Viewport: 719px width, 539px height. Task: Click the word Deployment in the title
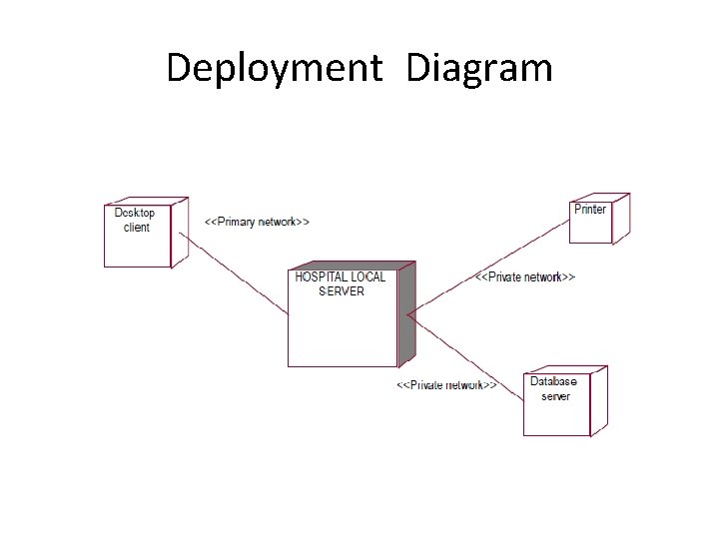click(274, 69)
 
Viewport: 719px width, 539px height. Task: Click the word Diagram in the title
click(479, 69)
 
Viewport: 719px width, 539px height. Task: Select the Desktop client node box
click(138, 245)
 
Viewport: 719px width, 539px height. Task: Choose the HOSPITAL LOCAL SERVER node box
click(342, 329)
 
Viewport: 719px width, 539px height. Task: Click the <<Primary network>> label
click(257, 222)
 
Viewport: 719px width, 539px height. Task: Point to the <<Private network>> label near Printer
click(524, 276)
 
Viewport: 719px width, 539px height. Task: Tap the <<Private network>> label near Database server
click(446, 384)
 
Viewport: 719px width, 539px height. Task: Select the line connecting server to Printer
click(489, 265)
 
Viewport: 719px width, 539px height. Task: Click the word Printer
click(590, 210)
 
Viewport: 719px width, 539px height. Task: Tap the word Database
click(553, 381)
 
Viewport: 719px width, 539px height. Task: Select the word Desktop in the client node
click(135, 213)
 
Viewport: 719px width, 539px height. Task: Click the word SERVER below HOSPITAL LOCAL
click(342, 290)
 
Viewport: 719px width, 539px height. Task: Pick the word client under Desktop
click(137, 228)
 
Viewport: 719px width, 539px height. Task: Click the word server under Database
click(555, 396)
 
